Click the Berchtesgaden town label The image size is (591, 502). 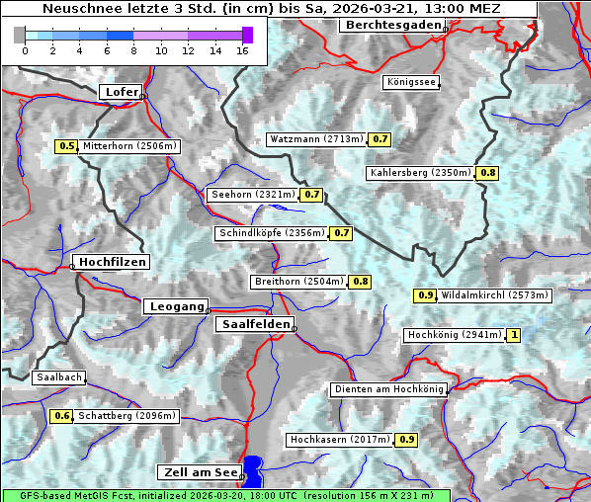[391, 25]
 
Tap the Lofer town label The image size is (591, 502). [120, 92]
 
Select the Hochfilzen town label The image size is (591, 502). [111, 262]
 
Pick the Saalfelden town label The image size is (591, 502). [254, 324]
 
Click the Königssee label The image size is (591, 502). [410, 82]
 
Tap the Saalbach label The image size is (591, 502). [58, 377]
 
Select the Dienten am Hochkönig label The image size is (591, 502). [387, 389]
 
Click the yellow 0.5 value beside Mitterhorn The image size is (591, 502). [66, 146]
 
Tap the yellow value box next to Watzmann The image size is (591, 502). [380, 139]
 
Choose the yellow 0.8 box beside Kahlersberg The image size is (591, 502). [487, 173]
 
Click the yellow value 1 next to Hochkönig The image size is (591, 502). [513, 336]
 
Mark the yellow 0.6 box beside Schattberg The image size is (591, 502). [62, 416]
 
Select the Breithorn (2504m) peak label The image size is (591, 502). [298, 282]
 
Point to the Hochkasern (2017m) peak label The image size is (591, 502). [340, 439]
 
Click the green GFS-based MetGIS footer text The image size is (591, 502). [224, 495]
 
